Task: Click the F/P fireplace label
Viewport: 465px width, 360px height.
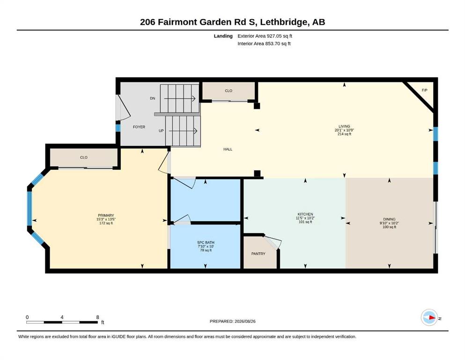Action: pyautogui.click(x=424, y=90)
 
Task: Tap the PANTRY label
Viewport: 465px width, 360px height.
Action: pyautogui.click(x=258, y=254)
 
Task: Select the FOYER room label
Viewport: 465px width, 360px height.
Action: pyautogui.click(x=139, y=127)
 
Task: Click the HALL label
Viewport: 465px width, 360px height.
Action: pyautogui.click(x=228, y=149)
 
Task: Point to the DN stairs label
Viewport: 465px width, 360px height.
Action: pyautogui.click(x=153, y=98)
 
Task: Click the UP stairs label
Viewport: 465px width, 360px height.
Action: pyautogui.click(x=161, y=131)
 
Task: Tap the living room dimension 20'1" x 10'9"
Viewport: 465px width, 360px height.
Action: pyautogui.click(x=344, y=130)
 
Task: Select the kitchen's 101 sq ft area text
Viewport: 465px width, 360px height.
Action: pyautogui.click(x=305, y=222)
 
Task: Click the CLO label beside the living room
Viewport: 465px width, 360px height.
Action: pyautogui.click(x=229, y=91)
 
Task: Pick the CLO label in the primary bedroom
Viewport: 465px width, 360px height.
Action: pyautogui.click(x=84, y=157)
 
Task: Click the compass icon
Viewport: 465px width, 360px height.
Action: pyautogui.click(x=429, y=317)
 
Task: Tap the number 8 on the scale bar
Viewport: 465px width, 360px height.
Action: pyautogui.click(x=97, y=317)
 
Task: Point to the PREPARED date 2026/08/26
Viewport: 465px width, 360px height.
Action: pyautogui.click(x=245, y=321)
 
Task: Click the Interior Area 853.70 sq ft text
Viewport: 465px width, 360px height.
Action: pyautogui.click(x=264, y=44)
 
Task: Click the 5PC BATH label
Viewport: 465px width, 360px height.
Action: pyautogui.click(x=206, y=242)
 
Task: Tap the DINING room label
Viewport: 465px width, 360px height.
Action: pyautogui.click(x=389, y=219)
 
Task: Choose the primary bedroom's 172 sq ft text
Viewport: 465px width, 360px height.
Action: pyautogui.click(x=106, y=223)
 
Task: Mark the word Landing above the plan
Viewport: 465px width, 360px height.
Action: pyautogui.click(x=223, y=36)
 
